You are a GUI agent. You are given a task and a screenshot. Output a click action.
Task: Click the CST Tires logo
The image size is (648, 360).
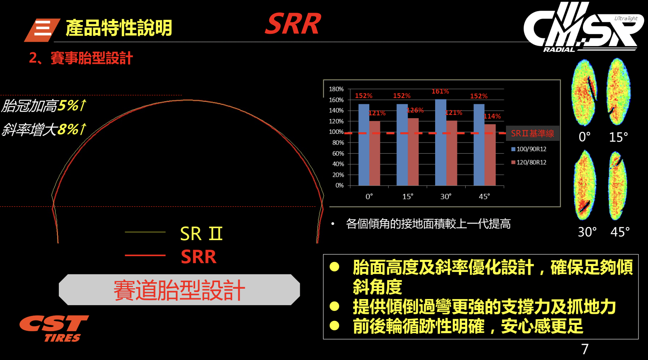54,328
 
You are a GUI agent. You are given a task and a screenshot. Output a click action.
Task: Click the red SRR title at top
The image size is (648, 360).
293,24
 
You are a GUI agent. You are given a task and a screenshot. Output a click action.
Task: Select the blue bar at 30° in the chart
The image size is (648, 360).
441,143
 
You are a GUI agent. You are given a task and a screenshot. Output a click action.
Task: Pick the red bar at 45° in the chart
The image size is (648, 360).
490,155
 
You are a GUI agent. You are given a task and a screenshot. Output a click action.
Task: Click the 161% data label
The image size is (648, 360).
440,91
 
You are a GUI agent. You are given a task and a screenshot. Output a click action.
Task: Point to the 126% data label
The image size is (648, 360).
415,110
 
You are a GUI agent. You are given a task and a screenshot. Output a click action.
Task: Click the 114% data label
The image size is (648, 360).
492,116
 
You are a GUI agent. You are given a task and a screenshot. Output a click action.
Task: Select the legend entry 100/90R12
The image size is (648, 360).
529,149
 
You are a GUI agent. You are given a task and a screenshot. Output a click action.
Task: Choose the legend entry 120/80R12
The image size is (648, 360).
529,162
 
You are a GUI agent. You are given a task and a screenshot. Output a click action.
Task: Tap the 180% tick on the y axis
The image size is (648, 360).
336,89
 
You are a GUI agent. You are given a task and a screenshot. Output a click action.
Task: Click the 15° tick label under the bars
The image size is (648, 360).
408,197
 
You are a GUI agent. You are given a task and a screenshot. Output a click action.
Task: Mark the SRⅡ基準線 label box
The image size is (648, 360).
533,133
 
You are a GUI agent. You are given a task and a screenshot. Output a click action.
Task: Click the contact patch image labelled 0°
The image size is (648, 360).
584,93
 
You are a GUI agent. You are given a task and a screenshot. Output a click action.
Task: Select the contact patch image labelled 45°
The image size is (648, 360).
618,185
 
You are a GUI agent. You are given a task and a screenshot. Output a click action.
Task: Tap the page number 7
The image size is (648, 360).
585,349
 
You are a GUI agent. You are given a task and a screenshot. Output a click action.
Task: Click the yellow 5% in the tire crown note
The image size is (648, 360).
68,105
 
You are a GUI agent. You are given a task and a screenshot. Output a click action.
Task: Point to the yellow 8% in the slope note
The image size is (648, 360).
68,129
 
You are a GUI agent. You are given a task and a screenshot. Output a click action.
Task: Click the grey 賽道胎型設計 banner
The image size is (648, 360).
179,290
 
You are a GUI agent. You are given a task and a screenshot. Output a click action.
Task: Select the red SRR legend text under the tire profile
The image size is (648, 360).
198,257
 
